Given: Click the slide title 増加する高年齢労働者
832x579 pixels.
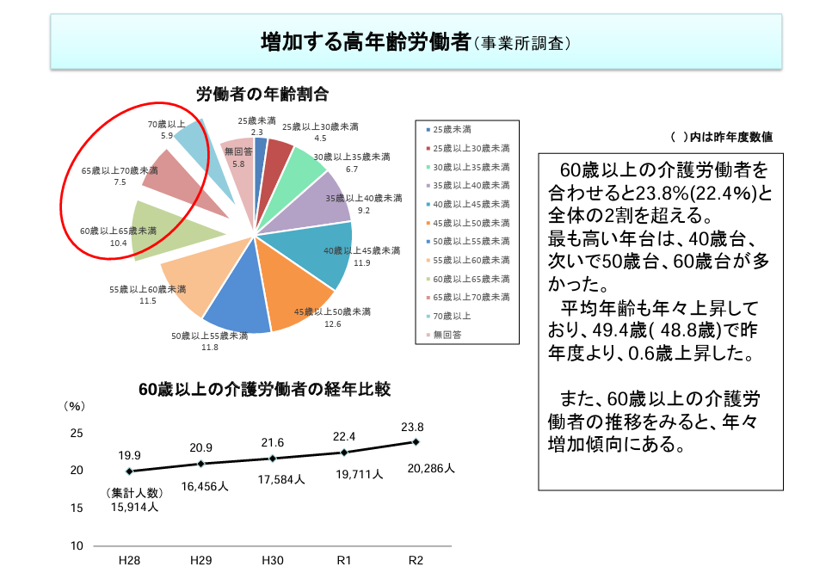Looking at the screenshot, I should click(x=366, y=41).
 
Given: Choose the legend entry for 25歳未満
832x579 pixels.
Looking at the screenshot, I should click(x=452, y=129).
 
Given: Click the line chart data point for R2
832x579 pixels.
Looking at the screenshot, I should click(x=416, y=442).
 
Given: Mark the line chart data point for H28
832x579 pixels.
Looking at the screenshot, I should click(x=129, y=471).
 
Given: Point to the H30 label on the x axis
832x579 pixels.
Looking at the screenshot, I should click(x=273, y=560).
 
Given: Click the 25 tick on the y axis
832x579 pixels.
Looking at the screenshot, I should click(x=77, y=433).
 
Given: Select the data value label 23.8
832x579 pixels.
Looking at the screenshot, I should click(x=413, y=426).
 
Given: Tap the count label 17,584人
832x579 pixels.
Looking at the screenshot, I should click(x=280, y=480).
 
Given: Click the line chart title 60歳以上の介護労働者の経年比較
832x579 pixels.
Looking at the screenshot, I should click(x=265, y=390).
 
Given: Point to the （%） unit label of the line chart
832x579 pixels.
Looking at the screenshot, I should click(x=76, y=405).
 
